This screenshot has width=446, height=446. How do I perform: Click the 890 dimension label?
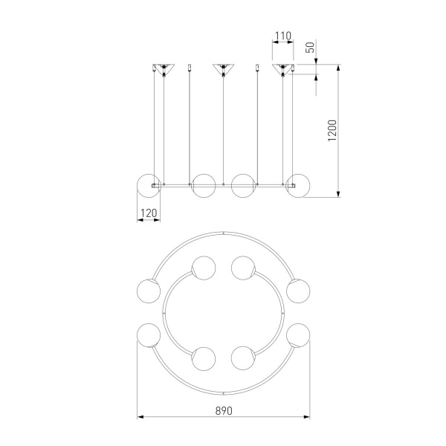click(224, 411)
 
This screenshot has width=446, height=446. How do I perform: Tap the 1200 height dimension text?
click(332, 131)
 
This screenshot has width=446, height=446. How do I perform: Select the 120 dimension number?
click(149, 213)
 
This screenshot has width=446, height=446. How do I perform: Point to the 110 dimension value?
click(283, 36)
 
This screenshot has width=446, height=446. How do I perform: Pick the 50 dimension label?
click(310, 48)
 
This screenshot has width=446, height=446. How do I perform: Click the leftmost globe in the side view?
click(149, 186)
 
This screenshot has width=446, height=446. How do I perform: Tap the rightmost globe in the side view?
click(298, 186)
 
